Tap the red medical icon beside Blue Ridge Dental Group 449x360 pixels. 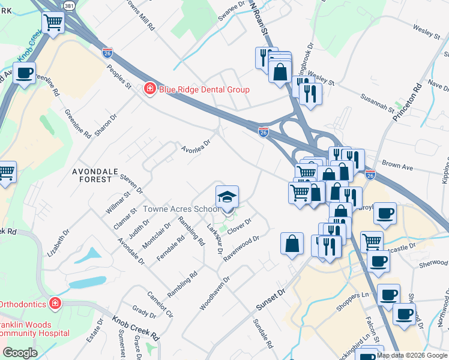click(148, 89)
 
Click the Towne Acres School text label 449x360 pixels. click(181, 209)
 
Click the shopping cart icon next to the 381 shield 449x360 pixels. click(53, 23)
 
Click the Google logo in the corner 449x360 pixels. click(19, 352)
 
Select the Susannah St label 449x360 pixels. click(378, 103)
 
